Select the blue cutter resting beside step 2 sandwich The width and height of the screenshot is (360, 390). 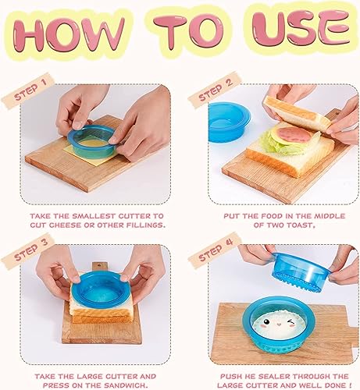coord(226,120)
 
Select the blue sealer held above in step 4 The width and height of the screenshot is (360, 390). coord(301,269)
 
